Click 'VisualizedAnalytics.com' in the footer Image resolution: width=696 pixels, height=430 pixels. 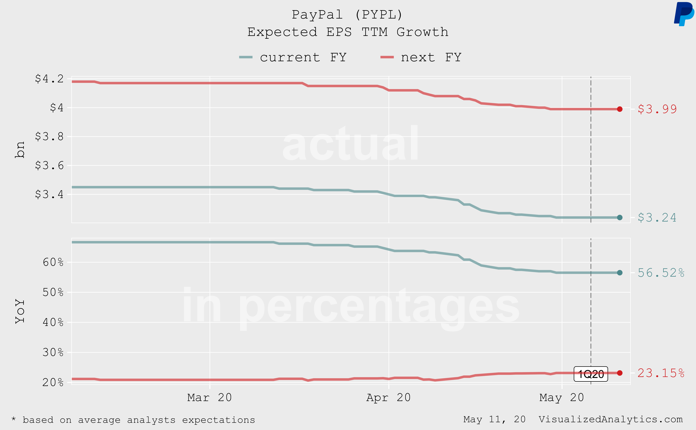[x=611, y=419]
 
